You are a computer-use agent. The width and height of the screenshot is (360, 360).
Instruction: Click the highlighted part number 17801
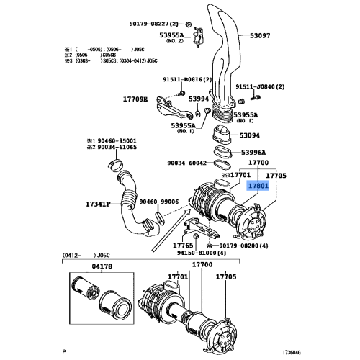coord(258,185)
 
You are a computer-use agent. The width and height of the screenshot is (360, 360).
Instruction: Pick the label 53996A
coord(253,152)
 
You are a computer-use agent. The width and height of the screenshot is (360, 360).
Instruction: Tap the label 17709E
coord(134,99)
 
